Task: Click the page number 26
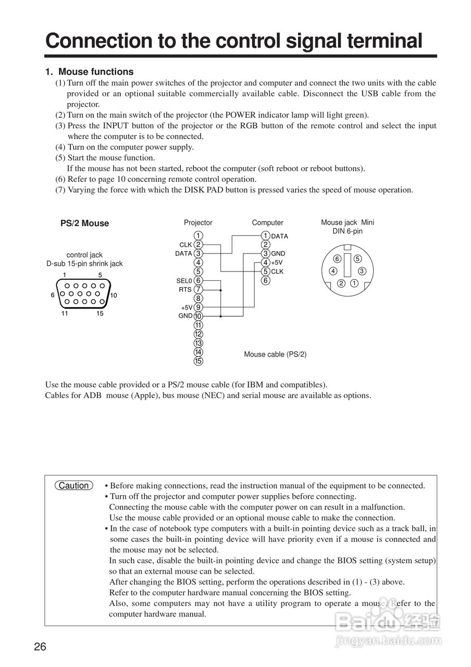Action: click(40, 647)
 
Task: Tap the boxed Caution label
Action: click(73, 486)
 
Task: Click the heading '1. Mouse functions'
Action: click(89, 72)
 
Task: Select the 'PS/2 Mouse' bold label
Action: click(85, 224)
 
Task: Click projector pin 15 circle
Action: click(198, 361)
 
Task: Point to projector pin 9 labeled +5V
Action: click(198, 307)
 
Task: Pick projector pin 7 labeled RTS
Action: click(198, 289)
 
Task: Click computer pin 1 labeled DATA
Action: click(266, 236)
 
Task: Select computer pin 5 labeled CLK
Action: click(266, 271)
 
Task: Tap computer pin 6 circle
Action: click(266, 280)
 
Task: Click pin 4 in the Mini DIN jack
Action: click(333, 271)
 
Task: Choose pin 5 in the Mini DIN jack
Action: click(357, 259)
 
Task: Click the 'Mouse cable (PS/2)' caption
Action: click(275, 354)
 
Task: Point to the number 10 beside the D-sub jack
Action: click(114, 295)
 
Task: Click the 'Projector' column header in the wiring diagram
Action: click(198, 223)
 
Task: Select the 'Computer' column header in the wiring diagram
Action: click(267, 223)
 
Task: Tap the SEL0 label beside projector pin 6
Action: click(184, 281)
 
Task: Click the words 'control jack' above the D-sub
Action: click(84, 255)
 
